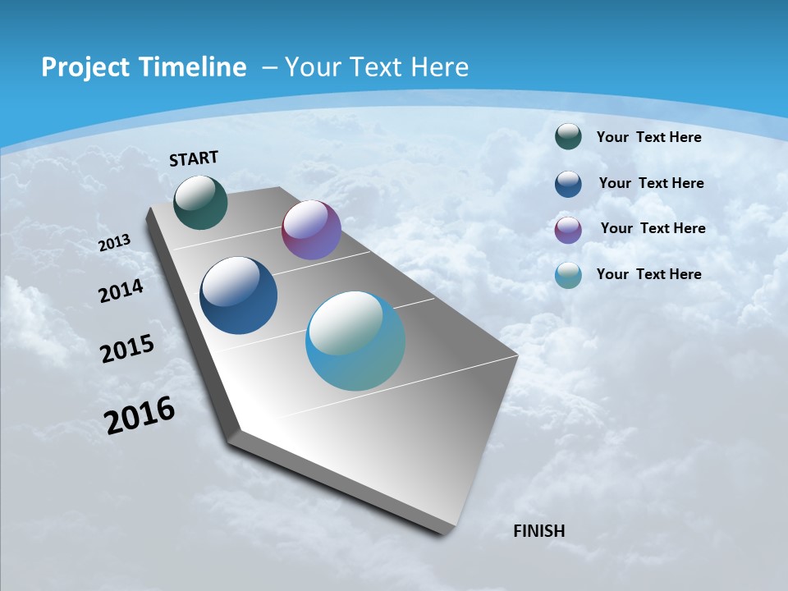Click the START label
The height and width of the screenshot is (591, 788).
194,158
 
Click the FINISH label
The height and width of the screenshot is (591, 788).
538,531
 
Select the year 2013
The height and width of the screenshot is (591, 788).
115,243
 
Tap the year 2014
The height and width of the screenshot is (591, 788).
121,291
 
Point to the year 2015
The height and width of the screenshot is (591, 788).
127,349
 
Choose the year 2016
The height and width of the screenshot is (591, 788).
140,415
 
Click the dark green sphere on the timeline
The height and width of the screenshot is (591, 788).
201,202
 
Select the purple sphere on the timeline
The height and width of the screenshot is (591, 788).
311,230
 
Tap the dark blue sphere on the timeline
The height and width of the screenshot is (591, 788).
239,295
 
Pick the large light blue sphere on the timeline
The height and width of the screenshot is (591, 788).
355,341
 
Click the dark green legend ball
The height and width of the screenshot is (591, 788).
568,137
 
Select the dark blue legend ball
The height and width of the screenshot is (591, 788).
568,183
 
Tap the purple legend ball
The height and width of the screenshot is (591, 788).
568,229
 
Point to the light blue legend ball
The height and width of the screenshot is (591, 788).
568,275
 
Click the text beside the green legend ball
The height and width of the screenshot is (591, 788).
648,137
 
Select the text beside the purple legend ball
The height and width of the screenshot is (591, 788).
653,228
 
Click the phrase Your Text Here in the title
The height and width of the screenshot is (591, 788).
376,67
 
